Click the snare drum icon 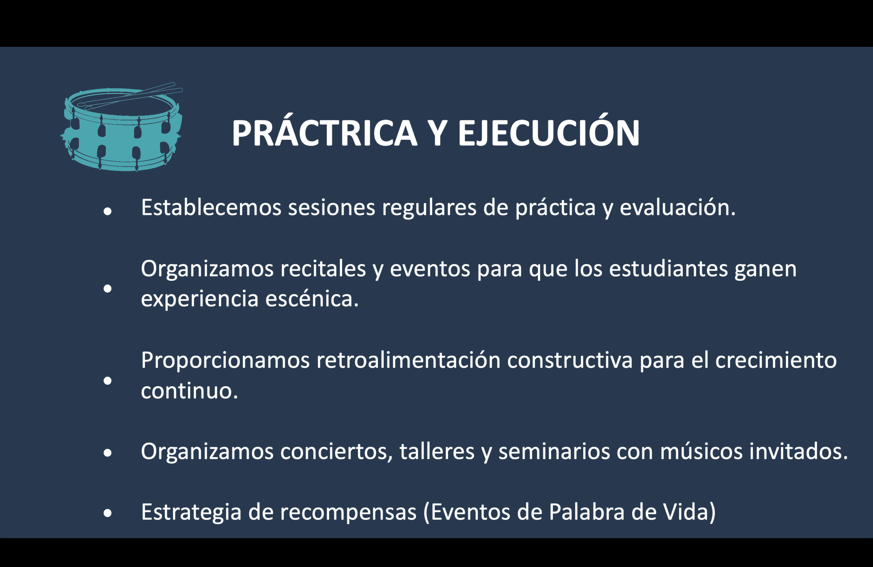point(122,127)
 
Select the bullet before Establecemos point(107,211)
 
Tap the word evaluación point(678,208)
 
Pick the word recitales point(323,269)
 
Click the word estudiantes point(668,269)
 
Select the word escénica point(312,299)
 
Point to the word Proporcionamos point(225,360)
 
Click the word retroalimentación point(409,360)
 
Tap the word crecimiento point(776,360)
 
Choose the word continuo point(190,391)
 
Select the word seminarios point(554,451)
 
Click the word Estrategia point(191,512)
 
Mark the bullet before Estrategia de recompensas point(107,513)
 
